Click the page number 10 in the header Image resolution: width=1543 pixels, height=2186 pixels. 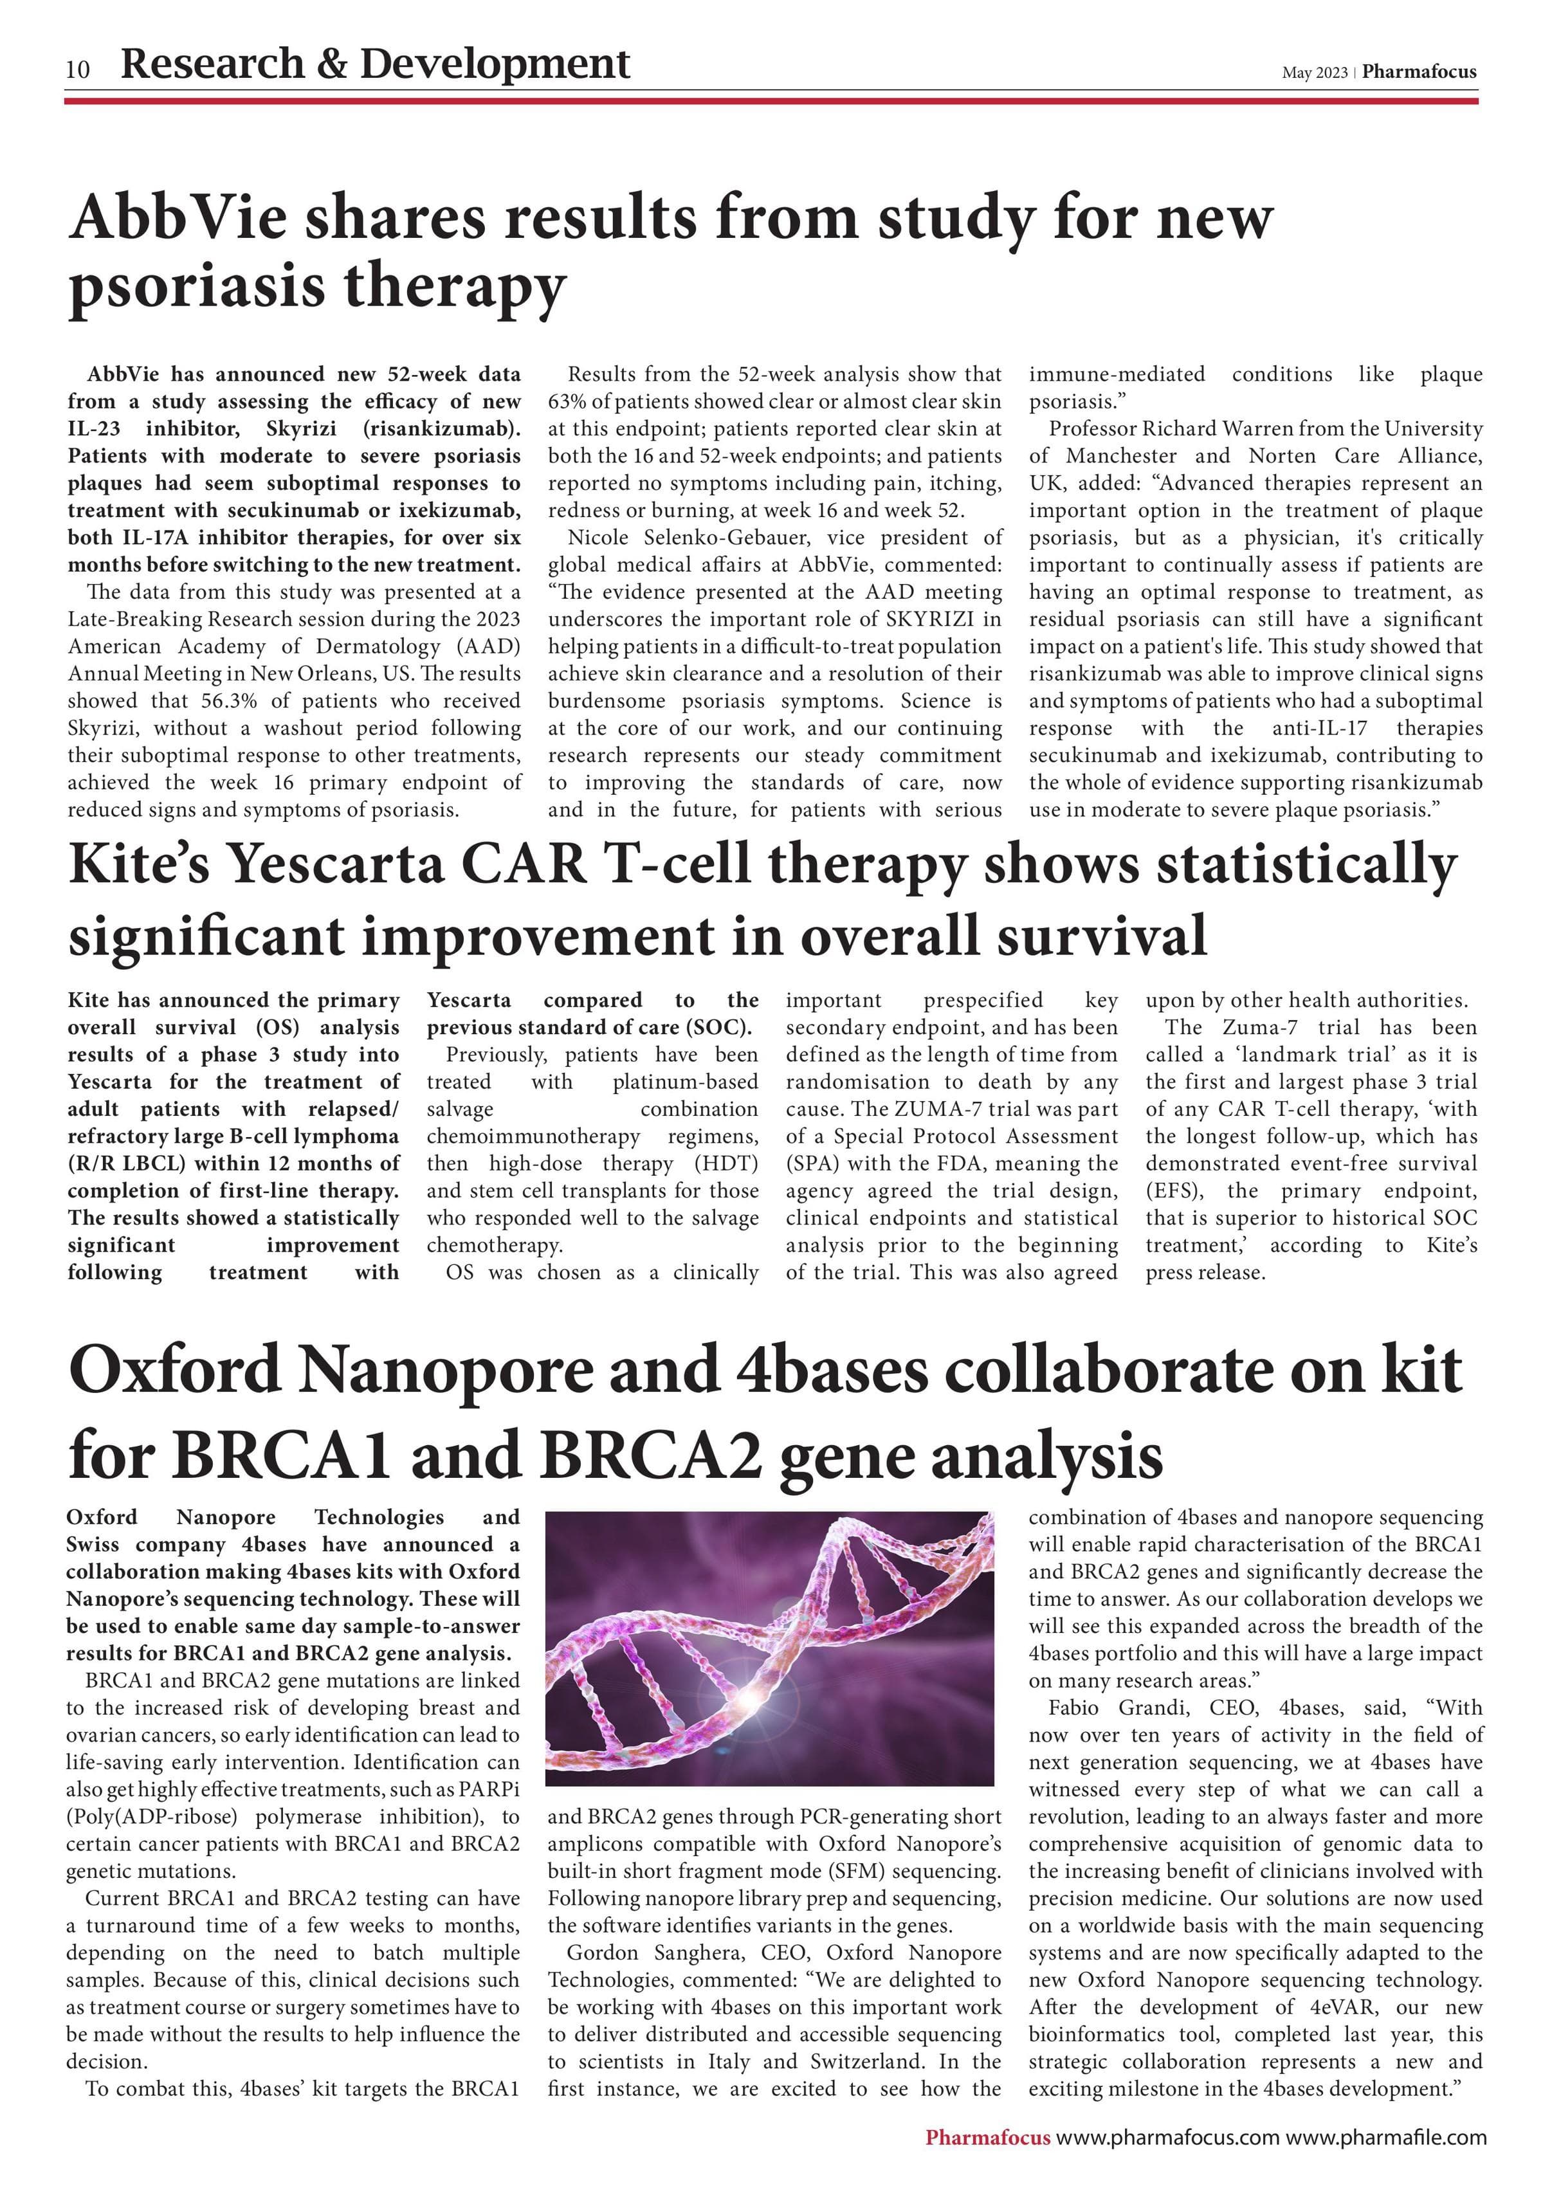pyautogui.click(x=78, y=69)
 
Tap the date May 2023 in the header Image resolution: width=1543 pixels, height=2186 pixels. pyautogui.click(x=1313, y=73)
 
